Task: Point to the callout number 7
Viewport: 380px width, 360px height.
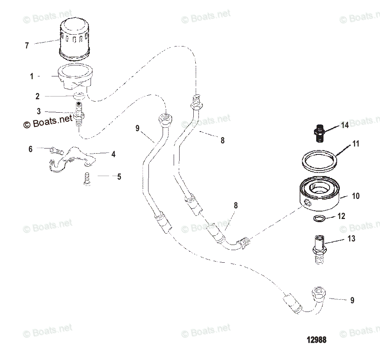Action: click(x=27, y=46)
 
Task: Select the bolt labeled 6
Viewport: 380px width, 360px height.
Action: click(x=56, y=150)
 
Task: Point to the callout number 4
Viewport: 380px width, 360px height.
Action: click(x=113, y=154)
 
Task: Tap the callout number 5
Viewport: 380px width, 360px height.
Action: click(x=119, y=177)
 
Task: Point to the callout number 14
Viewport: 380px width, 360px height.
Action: click(x=345, y=126)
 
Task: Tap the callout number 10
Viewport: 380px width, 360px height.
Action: click(x=355, y=196)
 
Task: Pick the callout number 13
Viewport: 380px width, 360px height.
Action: click(x=351, y=239)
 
